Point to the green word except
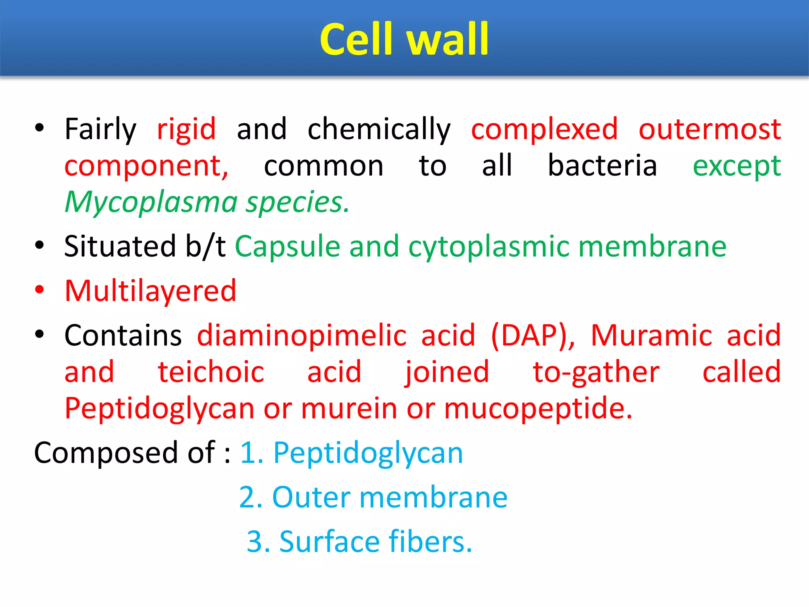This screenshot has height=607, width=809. [737, 166]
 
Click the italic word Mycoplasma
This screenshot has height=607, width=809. [151, 202]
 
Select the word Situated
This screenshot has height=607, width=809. [120, 246]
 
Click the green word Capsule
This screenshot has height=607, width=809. [288, 246]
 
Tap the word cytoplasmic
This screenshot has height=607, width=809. [488, 246]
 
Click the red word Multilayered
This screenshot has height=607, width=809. [151, 291]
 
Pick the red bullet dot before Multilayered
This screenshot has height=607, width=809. [40, 290]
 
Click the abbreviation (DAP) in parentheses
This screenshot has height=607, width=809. [533, 335]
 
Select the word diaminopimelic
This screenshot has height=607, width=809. [302, 335]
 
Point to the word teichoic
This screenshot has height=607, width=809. [211, 372]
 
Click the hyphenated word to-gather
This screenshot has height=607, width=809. [596, 372]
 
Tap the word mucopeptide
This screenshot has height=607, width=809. [538, 408]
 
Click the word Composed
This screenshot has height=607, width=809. [105, 452]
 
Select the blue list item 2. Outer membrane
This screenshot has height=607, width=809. [373, 497]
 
